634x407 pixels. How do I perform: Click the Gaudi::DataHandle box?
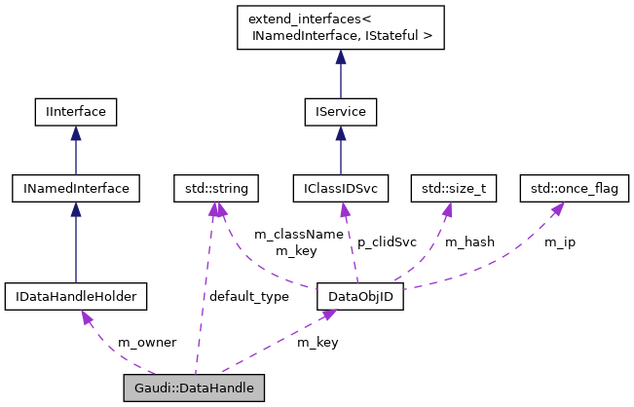[x=194, y=388]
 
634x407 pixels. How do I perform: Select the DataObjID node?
[x=360, y=296]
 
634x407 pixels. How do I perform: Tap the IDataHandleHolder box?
[x=75, y=296]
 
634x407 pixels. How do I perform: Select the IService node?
[x=340, y=113]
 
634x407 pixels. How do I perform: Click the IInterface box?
[x=75, y=113]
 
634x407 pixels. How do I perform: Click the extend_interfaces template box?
[x=340, y=28]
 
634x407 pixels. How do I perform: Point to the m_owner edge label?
[x=146, y=343]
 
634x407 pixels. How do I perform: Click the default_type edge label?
[x=247, y=296]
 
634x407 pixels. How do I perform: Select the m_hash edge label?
[x=468, y=241]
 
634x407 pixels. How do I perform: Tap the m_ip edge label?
[x=559, y=241]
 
